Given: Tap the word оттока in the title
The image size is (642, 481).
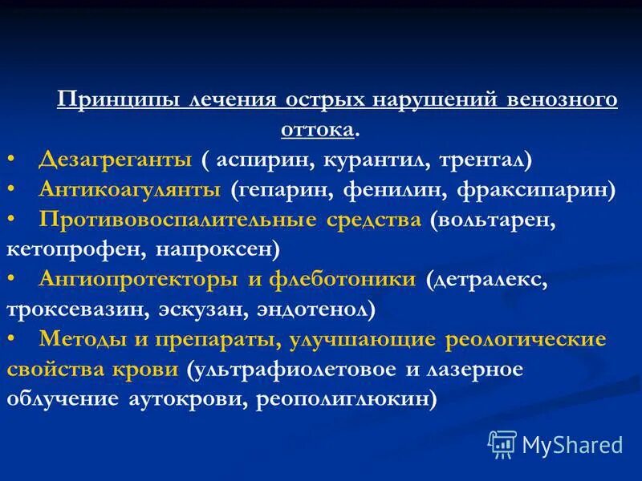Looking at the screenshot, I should tap(317, 128).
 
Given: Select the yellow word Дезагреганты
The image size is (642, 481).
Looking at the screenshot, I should tap(115, 160).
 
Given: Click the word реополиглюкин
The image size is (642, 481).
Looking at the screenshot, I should tap(347, 398).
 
